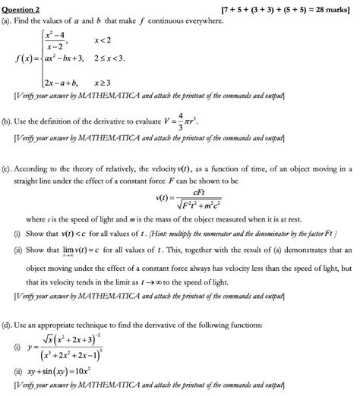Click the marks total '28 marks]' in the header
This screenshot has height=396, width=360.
point(331,8)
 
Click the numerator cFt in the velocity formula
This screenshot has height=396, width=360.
point(182,193)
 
